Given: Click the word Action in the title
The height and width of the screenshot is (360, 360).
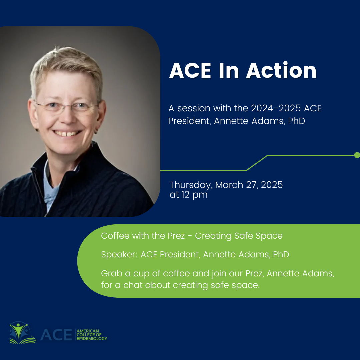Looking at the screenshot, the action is (281, 70).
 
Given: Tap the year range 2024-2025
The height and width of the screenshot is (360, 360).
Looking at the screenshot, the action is (276, 108).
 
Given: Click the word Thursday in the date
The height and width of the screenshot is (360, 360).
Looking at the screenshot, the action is (191, 185).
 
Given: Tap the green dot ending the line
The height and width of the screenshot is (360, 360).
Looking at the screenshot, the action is (357, 155).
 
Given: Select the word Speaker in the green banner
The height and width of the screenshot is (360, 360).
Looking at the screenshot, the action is (119, 255).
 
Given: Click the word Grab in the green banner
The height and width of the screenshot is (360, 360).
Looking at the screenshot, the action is (112, 273).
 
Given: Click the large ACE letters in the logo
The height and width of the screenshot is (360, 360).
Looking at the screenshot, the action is (56, 335).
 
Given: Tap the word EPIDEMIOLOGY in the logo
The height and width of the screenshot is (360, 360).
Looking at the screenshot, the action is (92, 338).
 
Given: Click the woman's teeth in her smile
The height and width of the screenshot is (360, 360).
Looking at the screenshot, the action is (67, 133).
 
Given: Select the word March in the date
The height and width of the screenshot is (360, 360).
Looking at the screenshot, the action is (229, 185).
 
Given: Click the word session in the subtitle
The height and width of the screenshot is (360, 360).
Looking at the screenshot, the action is (194, 108).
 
